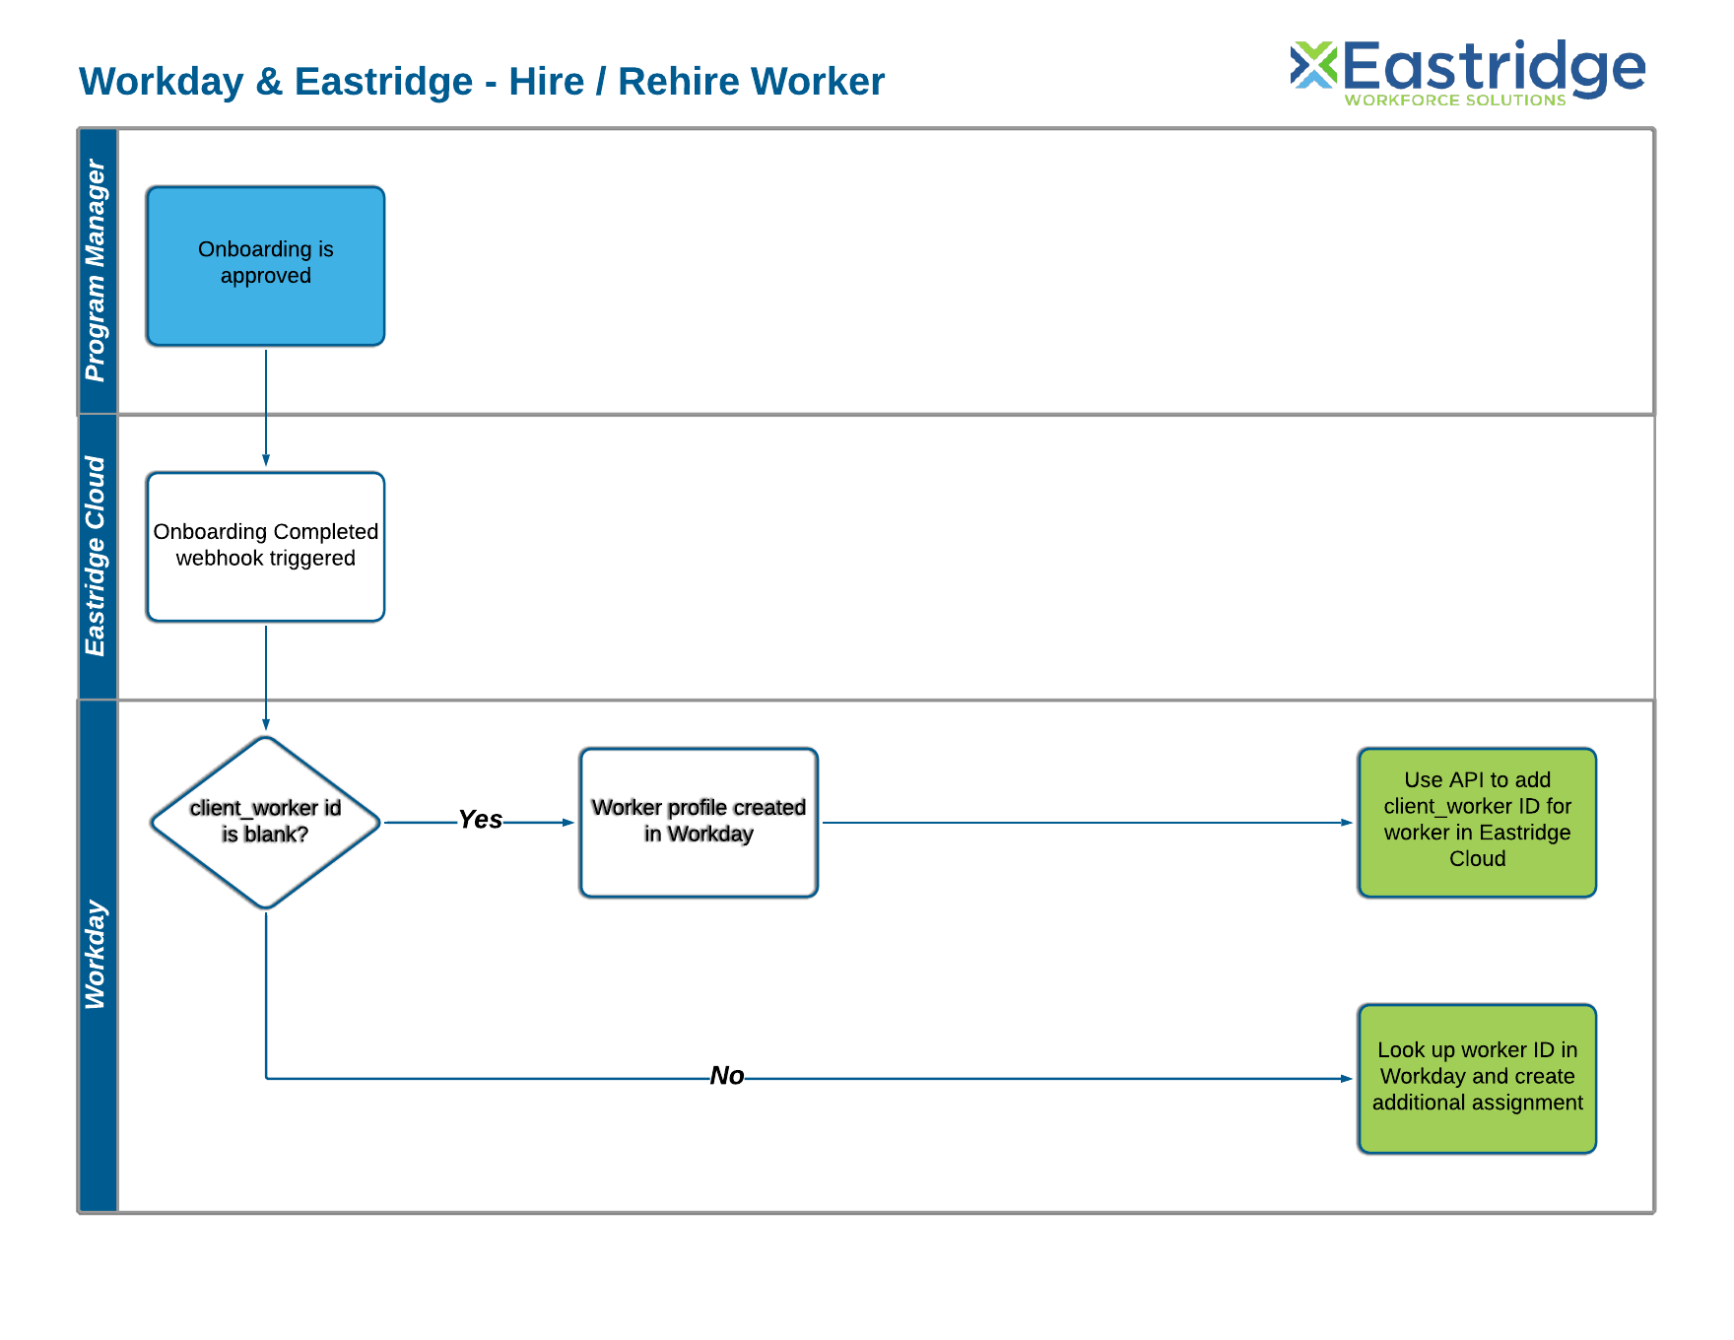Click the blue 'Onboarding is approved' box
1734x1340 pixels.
pos(265,266)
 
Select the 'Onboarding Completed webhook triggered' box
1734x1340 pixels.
pos(265,547)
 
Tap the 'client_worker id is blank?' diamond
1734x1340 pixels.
pos(265,822)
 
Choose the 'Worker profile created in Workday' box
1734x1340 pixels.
pos(699,822)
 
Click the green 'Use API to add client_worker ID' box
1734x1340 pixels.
pos(1477,822)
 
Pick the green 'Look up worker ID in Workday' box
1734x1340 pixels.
pos(1477,1078)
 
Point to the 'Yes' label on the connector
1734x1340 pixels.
pos(480,820)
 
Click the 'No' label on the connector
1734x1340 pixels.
pos(727,1076)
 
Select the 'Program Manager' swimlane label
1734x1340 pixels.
pos(96,270)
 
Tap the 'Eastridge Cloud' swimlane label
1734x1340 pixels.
pos(96,556)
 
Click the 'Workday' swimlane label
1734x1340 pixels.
pos(96,954)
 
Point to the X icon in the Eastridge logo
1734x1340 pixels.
pos(1313,65)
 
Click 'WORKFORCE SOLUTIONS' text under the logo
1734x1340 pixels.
pos(1455,100)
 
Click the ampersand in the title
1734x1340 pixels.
pos(268,82)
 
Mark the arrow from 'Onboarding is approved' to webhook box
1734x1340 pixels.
pos(266,406)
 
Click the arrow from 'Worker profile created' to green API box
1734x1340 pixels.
pos(1084,823)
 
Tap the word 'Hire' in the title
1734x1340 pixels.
pos(547,82)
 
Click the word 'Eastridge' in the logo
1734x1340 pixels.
pos(1494,67)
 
